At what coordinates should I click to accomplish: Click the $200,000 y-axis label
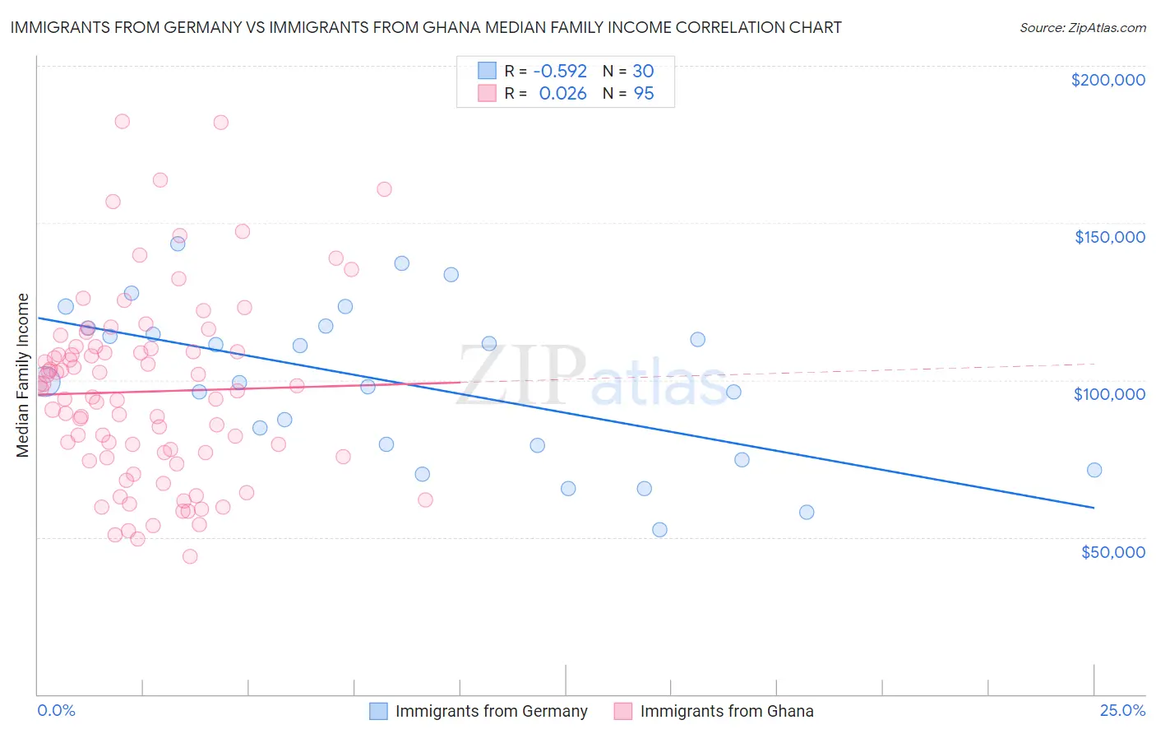tap(1107, 80)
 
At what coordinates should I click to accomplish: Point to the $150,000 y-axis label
tap(1109, 237)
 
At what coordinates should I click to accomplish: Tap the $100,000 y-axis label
tap(1109, 394)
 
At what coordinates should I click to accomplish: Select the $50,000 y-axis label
tap(1112, 551)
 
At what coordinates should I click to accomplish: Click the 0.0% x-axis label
tap(56, 711)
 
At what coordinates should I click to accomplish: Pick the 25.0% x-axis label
tap(1122, 711)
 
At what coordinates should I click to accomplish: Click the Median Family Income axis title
tap(23, 375)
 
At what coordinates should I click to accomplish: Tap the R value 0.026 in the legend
tap(562, 94)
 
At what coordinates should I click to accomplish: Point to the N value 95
tap(644, 94)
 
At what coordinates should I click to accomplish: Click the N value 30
tap(643, 72)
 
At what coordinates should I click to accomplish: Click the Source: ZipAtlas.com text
tap(1082, 28)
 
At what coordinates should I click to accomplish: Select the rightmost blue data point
tap(1094, 470)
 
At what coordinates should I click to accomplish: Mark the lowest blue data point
tap(659, 530)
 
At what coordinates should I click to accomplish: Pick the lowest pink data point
tap(190, 556)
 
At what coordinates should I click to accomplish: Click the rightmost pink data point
tap(425, 499)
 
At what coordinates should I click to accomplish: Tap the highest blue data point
tap(178, 244)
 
